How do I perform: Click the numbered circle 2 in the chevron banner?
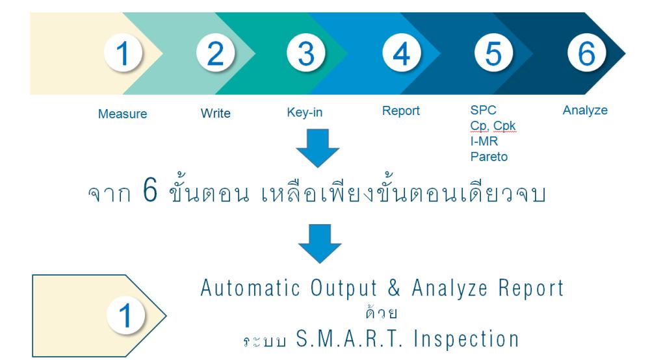(216, 53)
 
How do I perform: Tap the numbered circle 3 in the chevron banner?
(306, 53)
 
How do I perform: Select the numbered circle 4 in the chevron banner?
(401, 53)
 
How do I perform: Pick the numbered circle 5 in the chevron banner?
(493, 53)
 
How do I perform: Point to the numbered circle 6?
(586, 53)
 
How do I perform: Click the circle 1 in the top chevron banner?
(123, 53)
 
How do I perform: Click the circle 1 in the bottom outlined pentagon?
(125, 315)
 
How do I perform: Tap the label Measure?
(122, 114)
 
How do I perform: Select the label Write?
(216, 113)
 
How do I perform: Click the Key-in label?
(305, 112)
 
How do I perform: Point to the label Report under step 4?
(401, 111)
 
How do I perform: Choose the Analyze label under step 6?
(585, 110)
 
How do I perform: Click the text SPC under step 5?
(484, 110)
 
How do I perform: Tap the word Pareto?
(489, 157)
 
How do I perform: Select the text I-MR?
(484, 141)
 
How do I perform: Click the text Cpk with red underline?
(504, 126)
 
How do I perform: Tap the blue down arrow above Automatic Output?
(320, 244)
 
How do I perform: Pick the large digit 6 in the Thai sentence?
(150, 190)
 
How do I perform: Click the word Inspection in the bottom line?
(466, 339)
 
